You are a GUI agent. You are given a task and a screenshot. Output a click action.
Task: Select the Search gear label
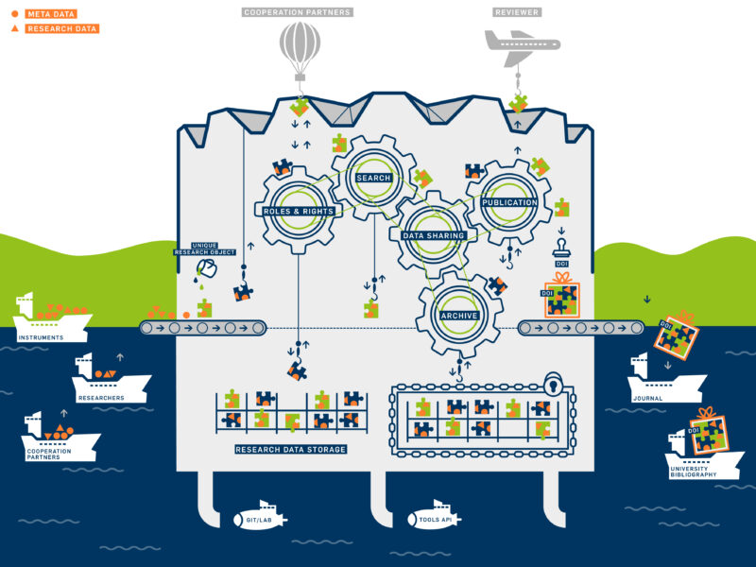[x=373, y=178]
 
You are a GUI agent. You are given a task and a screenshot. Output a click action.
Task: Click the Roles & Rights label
[x=299, y=211]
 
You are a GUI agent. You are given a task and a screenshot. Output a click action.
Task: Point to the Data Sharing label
[x=434, y=235]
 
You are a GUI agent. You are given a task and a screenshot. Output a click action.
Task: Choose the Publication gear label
[x=509, y=202]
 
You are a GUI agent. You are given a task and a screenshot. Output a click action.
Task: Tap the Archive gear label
[x=459, y=316]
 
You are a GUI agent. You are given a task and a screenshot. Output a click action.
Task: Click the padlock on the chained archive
[x=555, y=384]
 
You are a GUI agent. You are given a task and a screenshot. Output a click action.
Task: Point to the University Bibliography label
[x=694, y=472]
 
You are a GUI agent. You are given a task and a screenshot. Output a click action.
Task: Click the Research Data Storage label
[x=291, y=450]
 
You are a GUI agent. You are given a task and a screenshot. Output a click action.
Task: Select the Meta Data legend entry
[x=44, y=14]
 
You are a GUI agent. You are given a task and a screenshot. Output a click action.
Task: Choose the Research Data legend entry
[x=55, y=28]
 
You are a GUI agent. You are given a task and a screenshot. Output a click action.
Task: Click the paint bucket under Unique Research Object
[x=207, y=268]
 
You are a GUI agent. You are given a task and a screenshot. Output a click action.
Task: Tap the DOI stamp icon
[x=561, y=249]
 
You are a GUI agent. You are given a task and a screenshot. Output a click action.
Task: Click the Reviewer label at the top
[x=517, y=12]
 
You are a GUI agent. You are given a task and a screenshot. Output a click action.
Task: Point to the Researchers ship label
[x=101, y=398]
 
